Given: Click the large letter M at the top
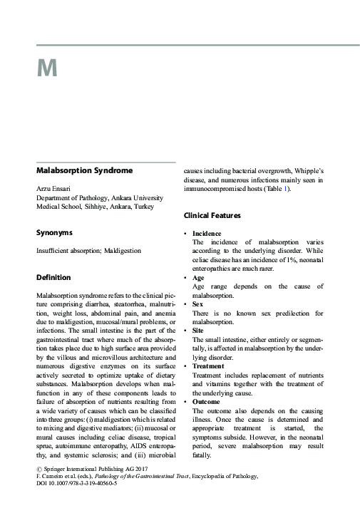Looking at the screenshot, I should pos(46,68).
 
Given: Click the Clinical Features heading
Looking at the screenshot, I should pos(212,215).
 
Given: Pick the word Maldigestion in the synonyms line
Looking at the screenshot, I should pos(124,251).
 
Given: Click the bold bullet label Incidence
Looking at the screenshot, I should pos(207,234).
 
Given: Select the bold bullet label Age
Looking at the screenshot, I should pos(198,278).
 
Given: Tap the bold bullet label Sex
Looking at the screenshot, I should pos(198,304).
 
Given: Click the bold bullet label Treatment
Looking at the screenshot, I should pos(209,366).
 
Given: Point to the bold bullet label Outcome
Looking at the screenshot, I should pos(206,403).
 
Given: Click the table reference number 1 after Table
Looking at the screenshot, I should pos(286,189).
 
